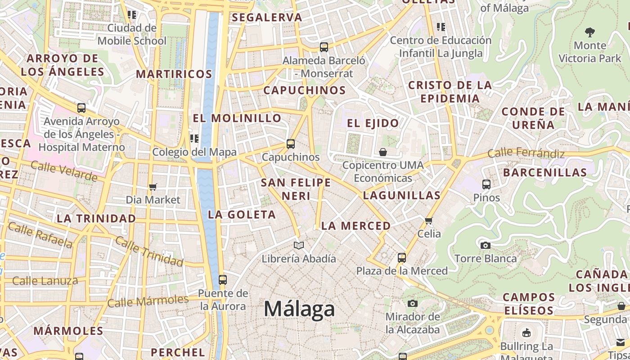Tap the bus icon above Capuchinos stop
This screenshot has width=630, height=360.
click(291, 144)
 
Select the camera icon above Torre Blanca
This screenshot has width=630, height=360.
click(485, 245)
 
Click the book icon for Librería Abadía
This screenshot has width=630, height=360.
click(299, 245)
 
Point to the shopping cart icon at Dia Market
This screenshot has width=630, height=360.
click(153, 187)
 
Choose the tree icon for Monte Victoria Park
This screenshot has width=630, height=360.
click(589, 32)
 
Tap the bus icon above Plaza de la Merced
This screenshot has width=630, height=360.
click(402, 258)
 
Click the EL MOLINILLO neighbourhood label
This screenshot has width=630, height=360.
click(237, 118)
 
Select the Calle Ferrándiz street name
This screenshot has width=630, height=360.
click(526, 153)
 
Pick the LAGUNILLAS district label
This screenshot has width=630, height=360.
click(401, 195)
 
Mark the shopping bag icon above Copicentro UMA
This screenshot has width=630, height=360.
click(383, 152)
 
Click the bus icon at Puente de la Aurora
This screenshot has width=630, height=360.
click(223, 279)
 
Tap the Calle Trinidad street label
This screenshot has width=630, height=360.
click(149, 250)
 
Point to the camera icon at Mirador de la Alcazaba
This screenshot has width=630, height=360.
click(412, 303)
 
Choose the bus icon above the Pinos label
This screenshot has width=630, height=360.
click(486, 184)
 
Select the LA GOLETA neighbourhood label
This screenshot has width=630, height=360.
click(242, 215)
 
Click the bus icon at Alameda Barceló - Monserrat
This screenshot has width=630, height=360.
click(324, 47)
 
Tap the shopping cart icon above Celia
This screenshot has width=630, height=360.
click(429, 220)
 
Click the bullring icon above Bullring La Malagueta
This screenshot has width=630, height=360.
click(526, 333)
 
